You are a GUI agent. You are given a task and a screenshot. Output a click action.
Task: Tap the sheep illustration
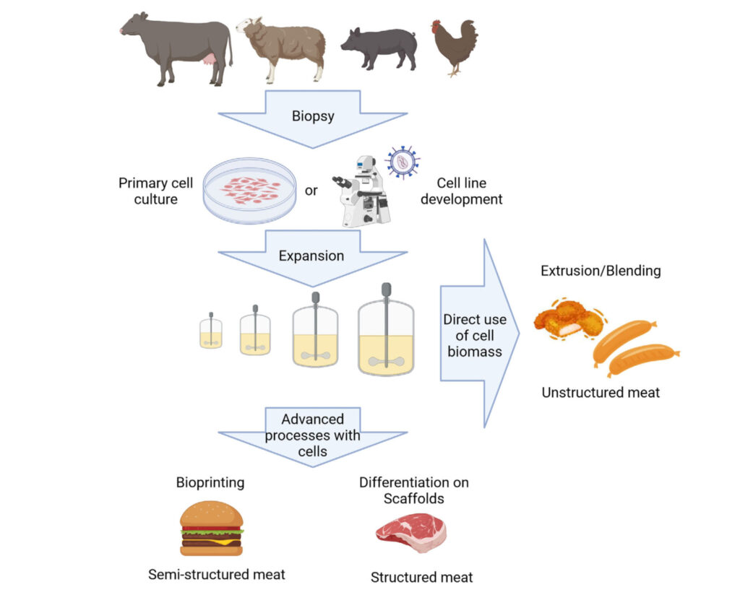point(283,48)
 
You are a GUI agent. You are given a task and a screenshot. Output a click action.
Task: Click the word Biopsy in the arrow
point(312,116)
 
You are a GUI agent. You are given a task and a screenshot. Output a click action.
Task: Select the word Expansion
point(312,256)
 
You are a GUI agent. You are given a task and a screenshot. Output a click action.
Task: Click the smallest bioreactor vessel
point(211,333)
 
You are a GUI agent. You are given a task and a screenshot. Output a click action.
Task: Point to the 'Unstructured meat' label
point(601,393)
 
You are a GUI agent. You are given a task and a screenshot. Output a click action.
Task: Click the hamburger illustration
point(212,529)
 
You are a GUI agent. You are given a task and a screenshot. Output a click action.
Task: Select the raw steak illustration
point(410,533)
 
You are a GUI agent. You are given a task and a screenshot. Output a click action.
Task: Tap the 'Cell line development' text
point(461,191)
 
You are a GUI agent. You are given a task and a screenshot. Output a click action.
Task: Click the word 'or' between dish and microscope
point(311,191)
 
